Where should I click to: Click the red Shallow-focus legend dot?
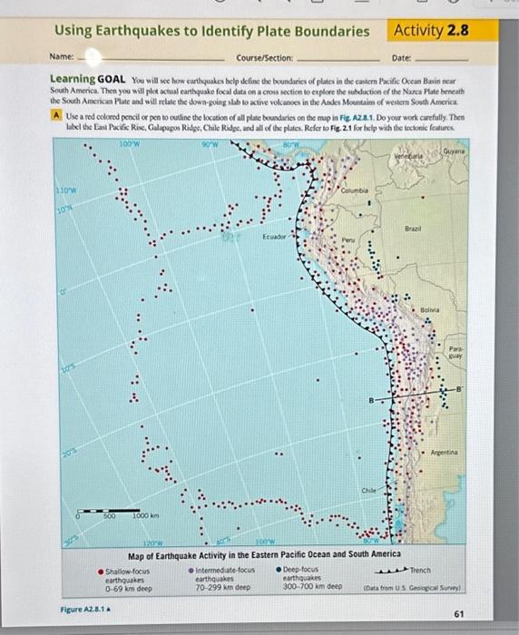(x=101, y=571)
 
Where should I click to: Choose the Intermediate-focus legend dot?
(x=191, y=571)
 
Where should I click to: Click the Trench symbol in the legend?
(x=392, y=571)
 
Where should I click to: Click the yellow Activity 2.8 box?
(x=431, y=30)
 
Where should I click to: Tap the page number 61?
(x=458, y=613)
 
